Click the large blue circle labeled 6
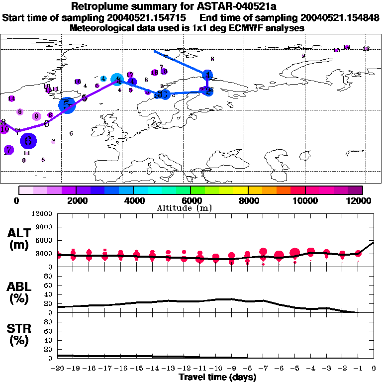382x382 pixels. coord(28,141)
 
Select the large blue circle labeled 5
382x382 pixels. coord(67,104)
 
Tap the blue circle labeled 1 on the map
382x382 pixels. coord(208,75)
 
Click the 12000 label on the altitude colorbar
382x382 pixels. coord(359,200)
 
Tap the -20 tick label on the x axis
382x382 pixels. coord(58,369)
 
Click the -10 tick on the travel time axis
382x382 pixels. coord(216,369)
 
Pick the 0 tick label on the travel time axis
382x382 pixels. coord(374,369)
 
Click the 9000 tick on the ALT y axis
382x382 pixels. coord(44,227)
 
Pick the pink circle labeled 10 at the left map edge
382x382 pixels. coord(4,129)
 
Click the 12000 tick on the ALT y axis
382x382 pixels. coord(43,214)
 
